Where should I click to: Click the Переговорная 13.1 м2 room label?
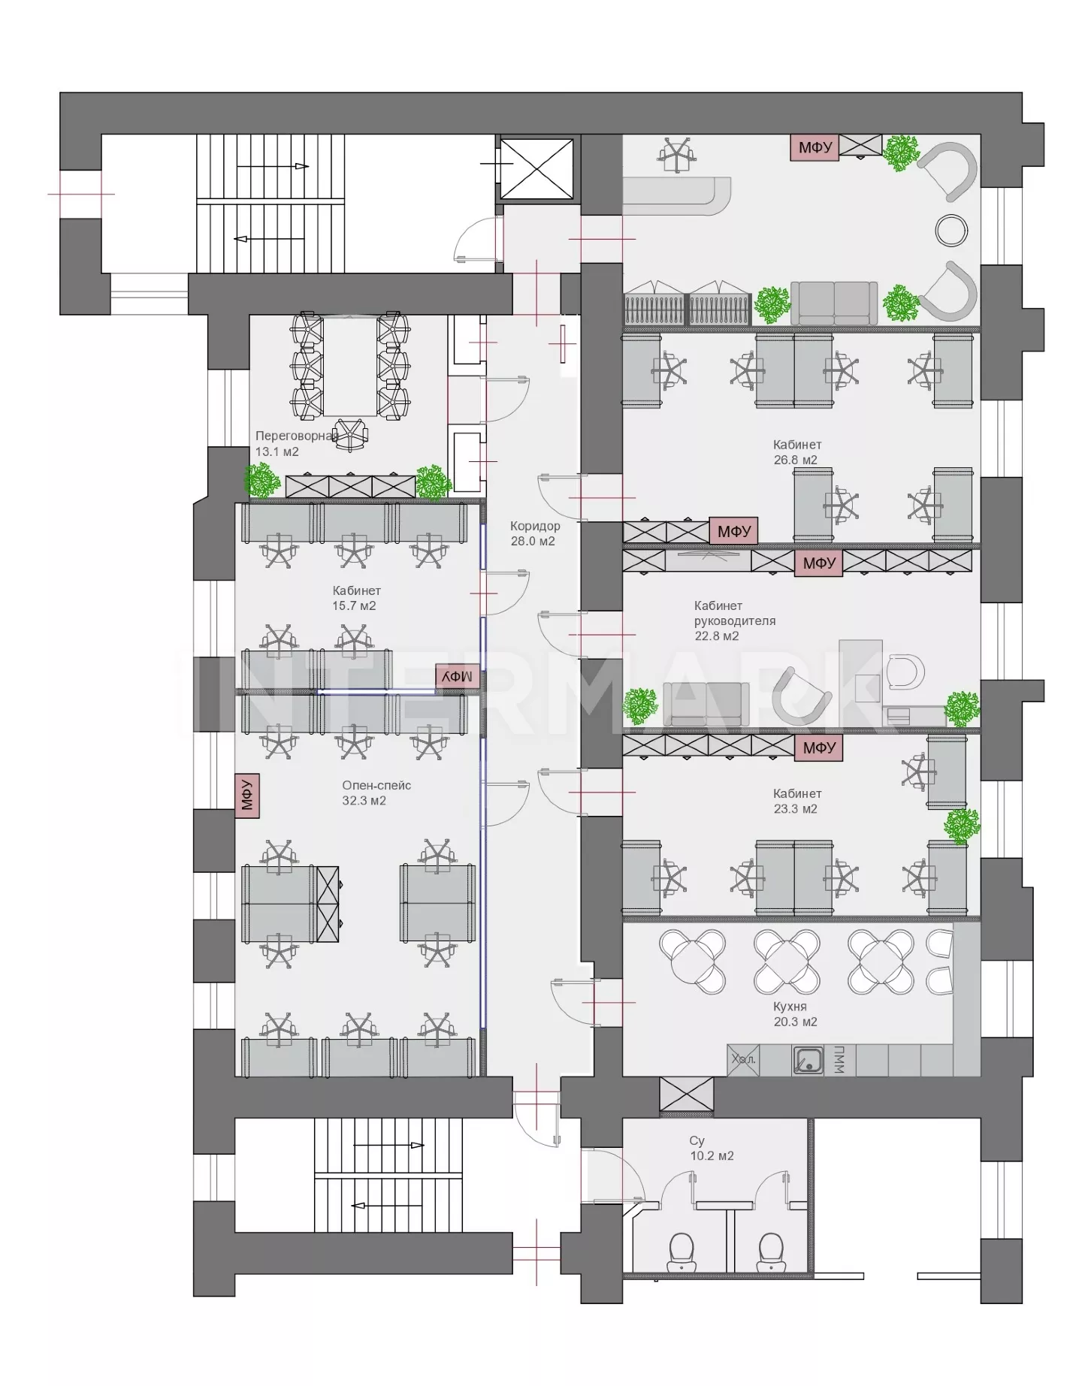(x=296, y=443)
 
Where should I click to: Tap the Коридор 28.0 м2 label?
(x=534, y=533)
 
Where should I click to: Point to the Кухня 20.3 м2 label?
(x=794, y=1014)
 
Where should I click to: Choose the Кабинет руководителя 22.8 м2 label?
(x=734, y=621)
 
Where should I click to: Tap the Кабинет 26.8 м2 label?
(x=796, y=452)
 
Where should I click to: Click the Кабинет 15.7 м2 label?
(x=356, y=598)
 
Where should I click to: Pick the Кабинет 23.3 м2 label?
(x=796, y=801)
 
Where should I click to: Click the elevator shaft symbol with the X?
(x=536, y=168)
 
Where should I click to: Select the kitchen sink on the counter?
(x=808, y=1061)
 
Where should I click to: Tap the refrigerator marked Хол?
(x=743, y=1061)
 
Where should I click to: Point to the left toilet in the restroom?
(x=682, y=1250)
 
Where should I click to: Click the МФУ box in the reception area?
(x=815, y=147)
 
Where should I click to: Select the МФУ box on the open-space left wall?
(x=246, y=795)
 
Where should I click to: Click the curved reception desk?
(x=677, y=195)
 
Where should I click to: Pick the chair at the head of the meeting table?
(x=351, y=434)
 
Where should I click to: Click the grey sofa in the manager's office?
(x=706, y=704)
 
